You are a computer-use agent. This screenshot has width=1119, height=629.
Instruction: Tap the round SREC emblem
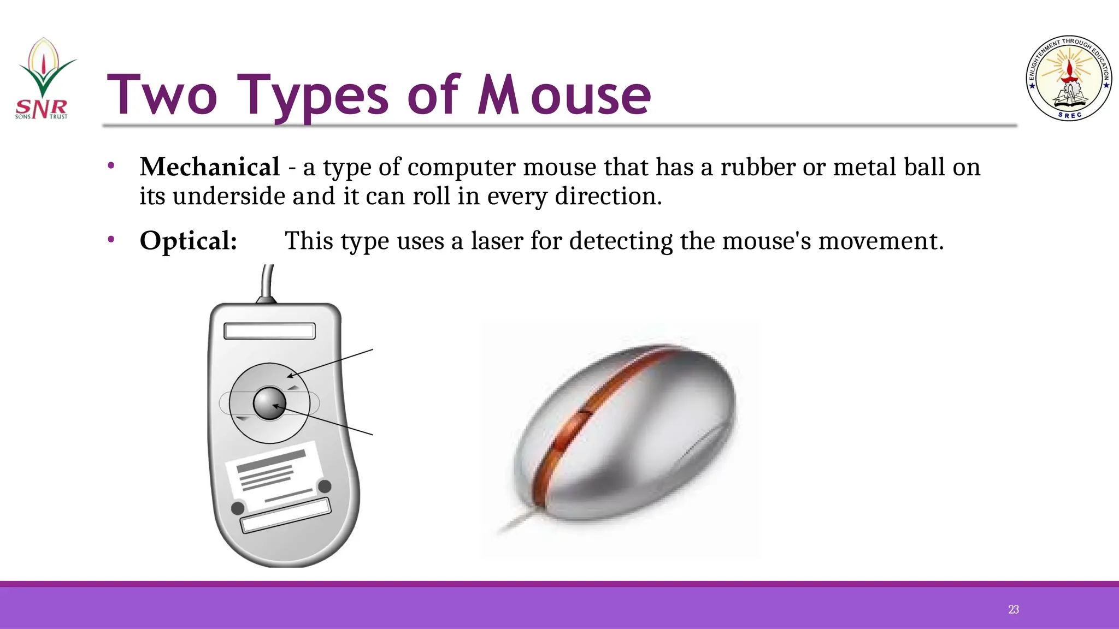(1069, 79)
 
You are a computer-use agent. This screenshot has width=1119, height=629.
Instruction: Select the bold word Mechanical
(210, 167)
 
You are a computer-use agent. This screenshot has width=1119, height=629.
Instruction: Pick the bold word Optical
(189, 241)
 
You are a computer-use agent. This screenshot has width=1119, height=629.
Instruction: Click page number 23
(1014, 609)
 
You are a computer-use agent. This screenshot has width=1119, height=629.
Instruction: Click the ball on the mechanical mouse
(269, 403)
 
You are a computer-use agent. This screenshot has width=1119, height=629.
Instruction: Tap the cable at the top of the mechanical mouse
(267, 281)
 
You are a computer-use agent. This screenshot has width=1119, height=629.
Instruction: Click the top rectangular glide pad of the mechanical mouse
(269, 331)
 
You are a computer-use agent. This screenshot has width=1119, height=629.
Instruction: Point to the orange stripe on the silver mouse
(596, 404)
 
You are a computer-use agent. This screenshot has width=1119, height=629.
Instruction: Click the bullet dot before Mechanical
(111, 165)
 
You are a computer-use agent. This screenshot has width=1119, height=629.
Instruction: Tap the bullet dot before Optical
(111, 239)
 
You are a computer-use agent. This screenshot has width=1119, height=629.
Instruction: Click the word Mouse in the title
(564, 96)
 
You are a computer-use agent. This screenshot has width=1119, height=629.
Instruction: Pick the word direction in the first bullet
(608, 196)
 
